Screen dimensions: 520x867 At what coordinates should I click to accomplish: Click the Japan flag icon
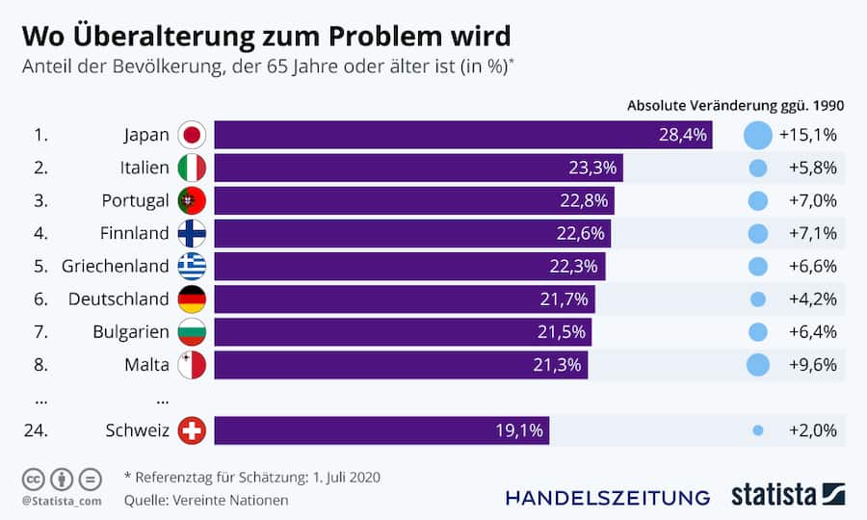pos(193,135)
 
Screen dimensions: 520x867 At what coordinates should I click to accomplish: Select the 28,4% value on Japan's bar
pos(682,135)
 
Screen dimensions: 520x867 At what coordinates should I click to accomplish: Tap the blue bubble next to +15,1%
pos(758,135)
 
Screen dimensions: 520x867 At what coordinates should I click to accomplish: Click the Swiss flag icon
pos(193,430)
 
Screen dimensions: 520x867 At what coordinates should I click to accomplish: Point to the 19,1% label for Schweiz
pos(520,430)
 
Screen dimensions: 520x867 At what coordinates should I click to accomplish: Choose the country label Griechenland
pos(116,266)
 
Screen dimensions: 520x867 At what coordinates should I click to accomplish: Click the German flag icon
pos(193,299)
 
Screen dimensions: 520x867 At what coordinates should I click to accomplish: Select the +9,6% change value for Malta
pos(812,365)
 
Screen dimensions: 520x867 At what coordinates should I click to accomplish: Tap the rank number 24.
pos(36,430)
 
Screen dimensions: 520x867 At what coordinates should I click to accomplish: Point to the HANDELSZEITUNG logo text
pos(607,497)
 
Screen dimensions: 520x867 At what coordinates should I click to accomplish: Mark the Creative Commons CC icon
pos(33,479)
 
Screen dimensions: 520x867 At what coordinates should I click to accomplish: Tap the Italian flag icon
pos(193,168)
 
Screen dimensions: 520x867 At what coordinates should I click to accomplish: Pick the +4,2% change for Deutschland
pos(812,299)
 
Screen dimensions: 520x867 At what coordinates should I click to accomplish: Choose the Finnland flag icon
pos(193,233)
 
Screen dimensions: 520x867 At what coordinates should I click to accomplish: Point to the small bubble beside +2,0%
pos(758,430)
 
